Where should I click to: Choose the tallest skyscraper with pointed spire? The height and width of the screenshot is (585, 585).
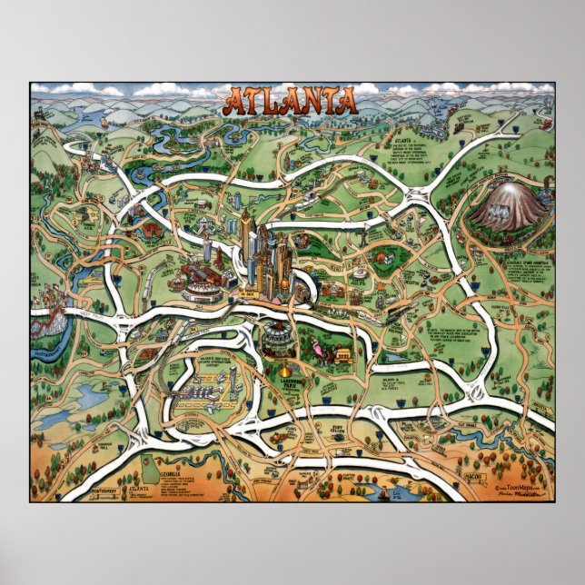[247, 227]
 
